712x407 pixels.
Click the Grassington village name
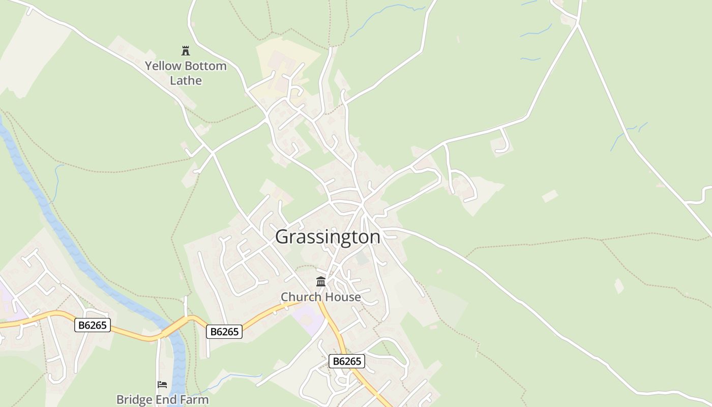[x=328, y=237]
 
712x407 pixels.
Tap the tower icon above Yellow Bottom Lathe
[x=186, y=50]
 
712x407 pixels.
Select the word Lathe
[x=186, y=80]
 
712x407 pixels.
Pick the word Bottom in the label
[x=205, y=66]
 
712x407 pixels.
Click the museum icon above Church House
[x=321, y=281]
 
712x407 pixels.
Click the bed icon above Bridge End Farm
[x=162, y=385]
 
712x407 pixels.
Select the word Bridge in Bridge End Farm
[x=133, y=399]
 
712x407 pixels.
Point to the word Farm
[x=193, y=399]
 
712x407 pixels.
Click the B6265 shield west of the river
[x=93, y=325]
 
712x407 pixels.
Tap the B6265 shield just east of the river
[x=224, y=332]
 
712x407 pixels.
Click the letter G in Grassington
[x=283, y=237]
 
